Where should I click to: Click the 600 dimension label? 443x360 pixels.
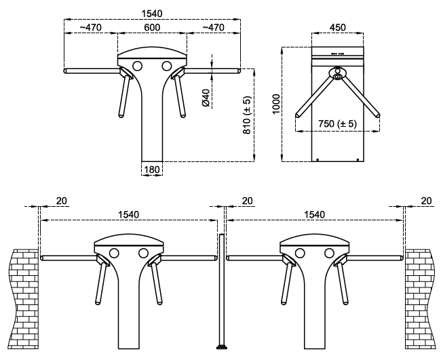click(x=152, y=27)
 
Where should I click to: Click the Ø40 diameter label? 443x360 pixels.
click(x=206, y=98)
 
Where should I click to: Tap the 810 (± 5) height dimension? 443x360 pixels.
click(x=247, y=115)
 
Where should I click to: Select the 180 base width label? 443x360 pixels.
click(x=152, y=169)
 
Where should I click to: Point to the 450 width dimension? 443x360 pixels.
click(x=338, y=27)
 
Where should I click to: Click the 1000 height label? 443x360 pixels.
click(x=276, y=104)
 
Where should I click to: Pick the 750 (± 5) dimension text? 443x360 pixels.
click(x=337, y=123)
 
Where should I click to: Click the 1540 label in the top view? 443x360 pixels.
click(x=152, y=14)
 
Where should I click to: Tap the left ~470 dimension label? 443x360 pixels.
click(x=90, y=27)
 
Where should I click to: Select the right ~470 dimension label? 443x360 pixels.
click(x=214, y=27)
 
